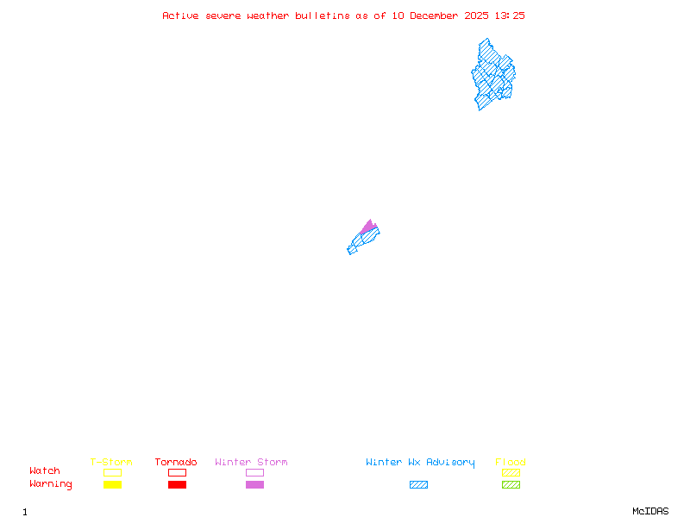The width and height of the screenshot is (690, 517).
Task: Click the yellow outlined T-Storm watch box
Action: [112, 472]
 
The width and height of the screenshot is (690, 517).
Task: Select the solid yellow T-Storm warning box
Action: [112, 484]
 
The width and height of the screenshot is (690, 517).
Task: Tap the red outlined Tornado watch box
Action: [177, 472]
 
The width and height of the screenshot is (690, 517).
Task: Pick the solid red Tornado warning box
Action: [177, 484]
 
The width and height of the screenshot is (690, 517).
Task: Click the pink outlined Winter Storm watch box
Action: [254, 472]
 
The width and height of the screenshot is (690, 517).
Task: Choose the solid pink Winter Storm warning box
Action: [254, 484]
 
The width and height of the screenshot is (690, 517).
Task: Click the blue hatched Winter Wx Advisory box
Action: [418, 484]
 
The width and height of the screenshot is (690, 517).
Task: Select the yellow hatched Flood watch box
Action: [511, 472]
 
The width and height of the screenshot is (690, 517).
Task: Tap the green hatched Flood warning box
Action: [511, 484]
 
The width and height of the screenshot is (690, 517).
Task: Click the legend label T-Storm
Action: [111, 462]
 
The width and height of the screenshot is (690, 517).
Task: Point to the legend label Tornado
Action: [176, 462]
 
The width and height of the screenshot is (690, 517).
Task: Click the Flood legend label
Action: [511, 462]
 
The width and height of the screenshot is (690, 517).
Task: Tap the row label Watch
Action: [45, 471]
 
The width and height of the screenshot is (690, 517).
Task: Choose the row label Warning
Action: [51, 484]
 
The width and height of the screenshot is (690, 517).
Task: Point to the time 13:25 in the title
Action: [509, 16]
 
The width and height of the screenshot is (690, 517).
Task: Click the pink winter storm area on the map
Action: [369, 227]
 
